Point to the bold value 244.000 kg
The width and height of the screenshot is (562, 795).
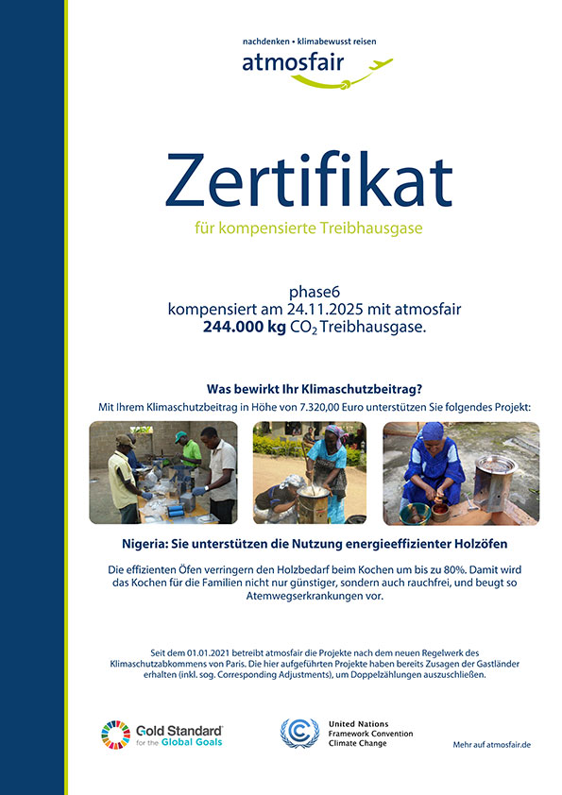(x=242, y=327)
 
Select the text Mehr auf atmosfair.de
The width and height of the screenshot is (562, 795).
(x=491, y=745)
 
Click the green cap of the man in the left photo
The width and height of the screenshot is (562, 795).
(x=180, y=436)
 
